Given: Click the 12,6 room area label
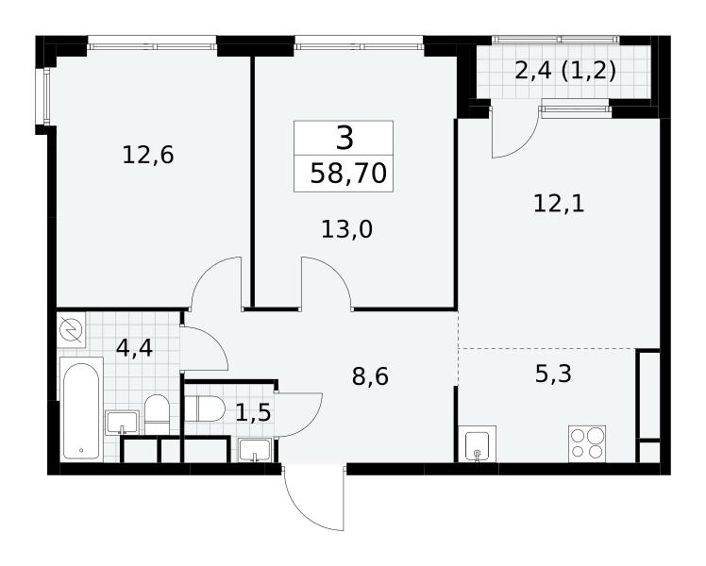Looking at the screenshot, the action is pos(147,156).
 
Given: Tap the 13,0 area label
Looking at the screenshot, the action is pos(346,229).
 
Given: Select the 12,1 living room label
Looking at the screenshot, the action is pos(559,204).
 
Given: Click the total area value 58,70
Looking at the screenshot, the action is pos(348,174).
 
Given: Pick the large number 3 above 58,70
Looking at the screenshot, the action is pos(345,138).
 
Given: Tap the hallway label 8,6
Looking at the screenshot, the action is pos(370,376).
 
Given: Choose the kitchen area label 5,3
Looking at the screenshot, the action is pos(553,374).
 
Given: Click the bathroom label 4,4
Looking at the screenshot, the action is pos(134,348).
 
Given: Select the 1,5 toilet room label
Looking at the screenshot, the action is pos(253,412).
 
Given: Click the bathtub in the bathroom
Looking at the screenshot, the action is pos(81,409).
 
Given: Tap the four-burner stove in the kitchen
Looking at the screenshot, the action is pos(587,443).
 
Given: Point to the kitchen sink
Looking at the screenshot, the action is pos(478,444).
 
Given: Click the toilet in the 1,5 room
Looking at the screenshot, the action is pos(205,409).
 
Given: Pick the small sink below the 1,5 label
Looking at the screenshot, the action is pos(255,450).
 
